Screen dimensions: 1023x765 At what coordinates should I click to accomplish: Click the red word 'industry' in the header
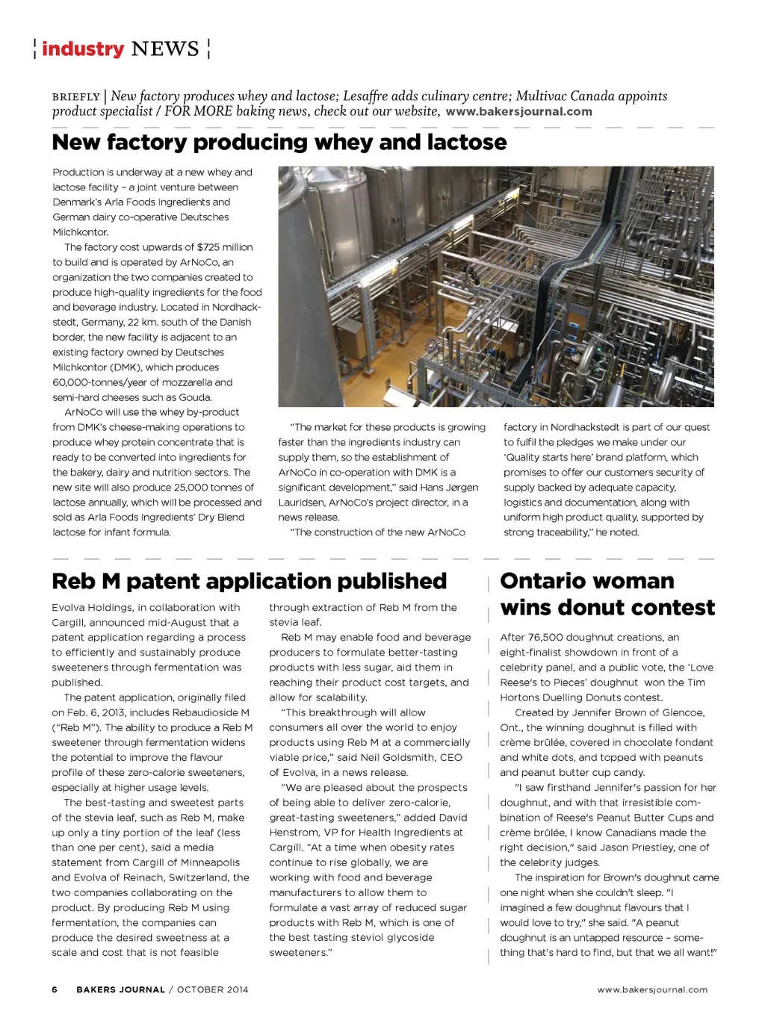(83, 49)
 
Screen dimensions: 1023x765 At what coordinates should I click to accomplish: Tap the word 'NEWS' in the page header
(165, 49)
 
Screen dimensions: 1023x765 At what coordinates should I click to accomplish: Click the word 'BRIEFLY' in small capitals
(76, 97)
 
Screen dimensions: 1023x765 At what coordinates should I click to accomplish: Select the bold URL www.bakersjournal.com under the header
(518, 112)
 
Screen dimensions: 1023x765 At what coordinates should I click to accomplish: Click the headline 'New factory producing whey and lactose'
(279, 142)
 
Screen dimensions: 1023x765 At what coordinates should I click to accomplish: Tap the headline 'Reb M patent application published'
(249, 581)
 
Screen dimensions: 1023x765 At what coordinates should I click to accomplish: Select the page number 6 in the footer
(55, 989)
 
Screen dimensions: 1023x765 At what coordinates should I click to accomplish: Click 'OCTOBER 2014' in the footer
(212, 989)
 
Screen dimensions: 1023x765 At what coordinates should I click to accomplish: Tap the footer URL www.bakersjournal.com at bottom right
(652, 989)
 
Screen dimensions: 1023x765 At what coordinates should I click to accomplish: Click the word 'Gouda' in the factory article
(195, 397)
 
